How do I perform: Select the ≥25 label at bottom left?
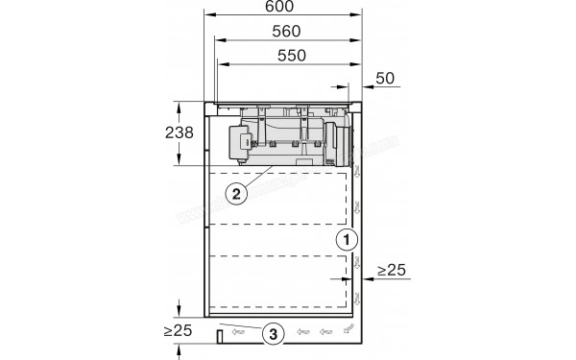pos(180,331)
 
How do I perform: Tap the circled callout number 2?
pos(236,192)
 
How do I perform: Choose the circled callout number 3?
pos(274,334)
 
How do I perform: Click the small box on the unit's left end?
pos(235,143)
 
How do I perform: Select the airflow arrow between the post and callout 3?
pos(242,333)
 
